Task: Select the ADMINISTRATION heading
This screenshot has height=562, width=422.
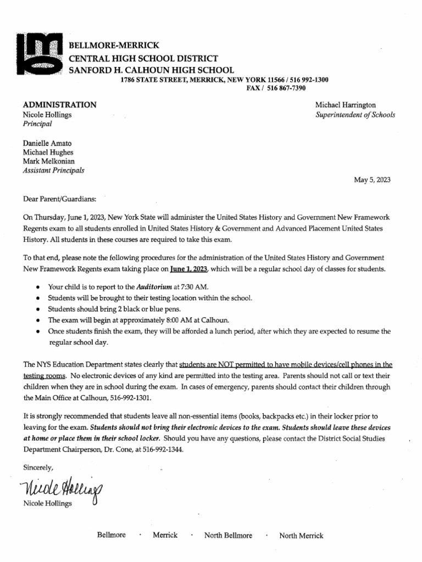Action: (x=60, y=104)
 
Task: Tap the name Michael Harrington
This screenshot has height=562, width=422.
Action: (x=345, y=104)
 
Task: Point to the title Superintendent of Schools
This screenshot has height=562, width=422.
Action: (x=354, y=115)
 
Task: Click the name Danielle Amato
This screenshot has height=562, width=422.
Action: (x=48, y=143)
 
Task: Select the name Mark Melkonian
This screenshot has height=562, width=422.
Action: (x=49, y=161)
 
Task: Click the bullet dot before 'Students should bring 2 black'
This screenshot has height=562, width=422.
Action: (x=37, y=309)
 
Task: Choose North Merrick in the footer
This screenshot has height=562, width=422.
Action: (x=301, y=536)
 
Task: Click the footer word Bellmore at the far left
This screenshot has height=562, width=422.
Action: (x=111, y=535)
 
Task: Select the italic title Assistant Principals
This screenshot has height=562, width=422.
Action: (x=54, y=170)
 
